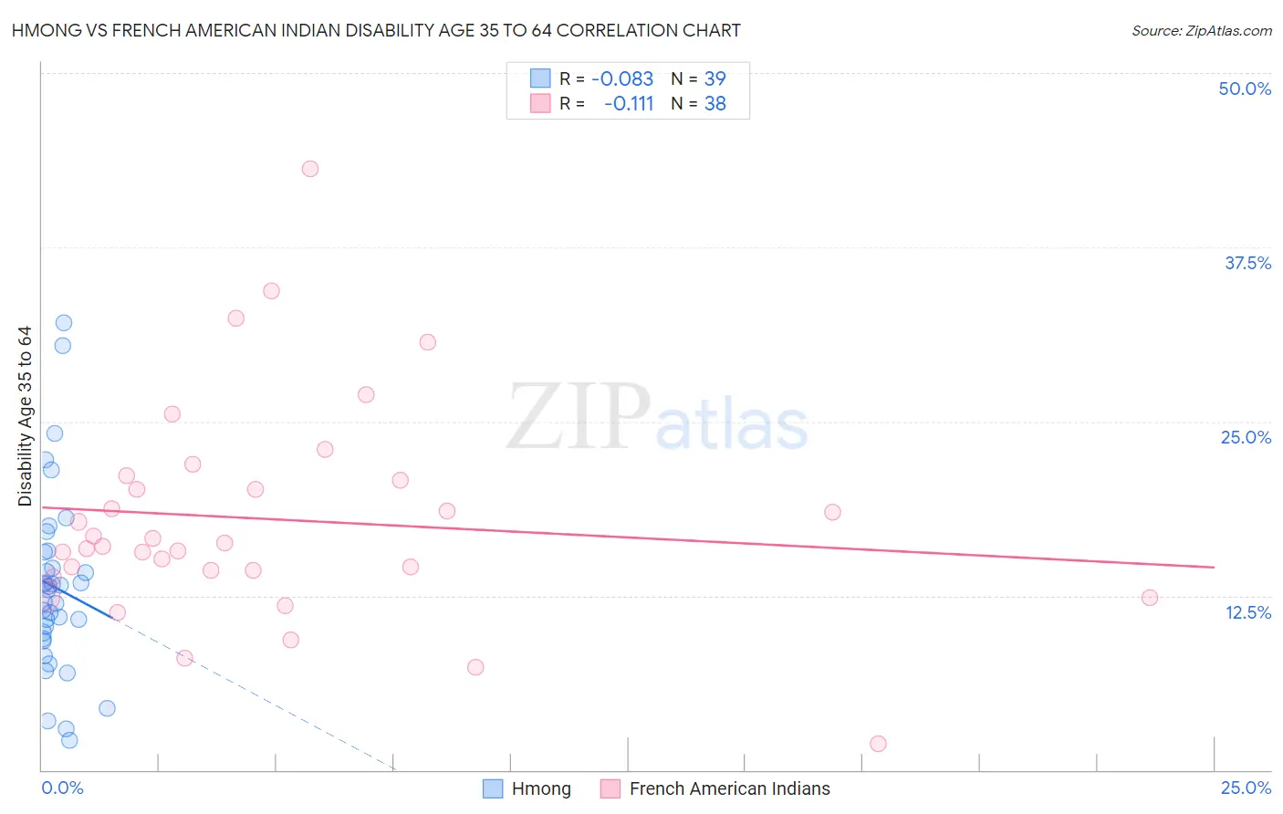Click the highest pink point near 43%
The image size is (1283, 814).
tap(310, 169)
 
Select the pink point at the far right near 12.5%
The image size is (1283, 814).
tap(1150, 598)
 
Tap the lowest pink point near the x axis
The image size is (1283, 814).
tap(878, 744)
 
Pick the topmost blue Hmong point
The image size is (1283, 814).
tap(64, 323)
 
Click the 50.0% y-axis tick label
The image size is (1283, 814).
tap(1245, 89)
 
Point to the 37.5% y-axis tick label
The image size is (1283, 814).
tap(1247, 263)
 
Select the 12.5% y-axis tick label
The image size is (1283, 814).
tap(1247, 612)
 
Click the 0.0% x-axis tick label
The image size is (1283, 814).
tap(62, 788)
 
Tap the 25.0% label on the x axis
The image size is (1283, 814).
tap(1246, 788)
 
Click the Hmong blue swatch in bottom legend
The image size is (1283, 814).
tap(493, 788)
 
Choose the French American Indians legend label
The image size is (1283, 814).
tap(729, 788)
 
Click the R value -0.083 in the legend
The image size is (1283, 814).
tap(622, 79)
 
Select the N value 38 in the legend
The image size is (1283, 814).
tap(715, 104)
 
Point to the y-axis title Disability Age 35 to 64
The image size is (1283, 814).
tap(25, 416)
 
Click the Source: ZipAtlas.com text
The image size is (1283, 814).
tap(1201, 31)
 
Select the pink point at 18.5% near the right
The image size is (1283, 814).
tap(832, 512)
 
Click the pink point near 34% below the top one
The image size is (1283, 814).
tap(271, 291)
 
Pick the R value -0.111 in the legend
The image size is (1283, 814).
tap(629, 104)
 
